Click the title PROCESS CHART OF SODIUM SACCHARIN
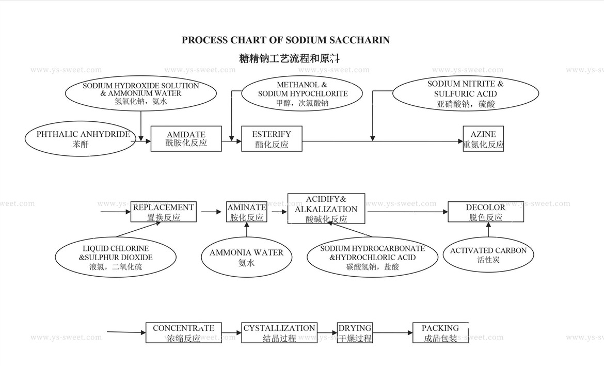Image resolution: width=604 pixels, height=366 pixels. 285,40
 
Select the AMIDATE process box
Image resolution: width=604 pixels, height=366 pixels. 186,138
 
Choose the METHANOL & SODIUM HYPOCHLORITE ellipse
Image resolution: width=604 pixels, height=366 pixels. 303,93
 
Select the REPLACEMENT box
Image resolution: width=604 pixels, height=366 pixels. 163,212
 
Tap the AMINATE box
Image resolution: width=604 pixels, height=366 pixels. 246,212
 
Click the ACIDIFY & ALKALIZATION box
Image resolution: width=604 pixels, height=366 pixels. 326,209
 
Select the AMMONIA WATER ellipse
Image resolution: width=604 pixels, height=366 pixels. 246,257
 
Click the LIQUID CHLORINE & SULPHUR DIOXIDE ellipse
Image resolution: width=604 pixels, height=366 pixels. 116,257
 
